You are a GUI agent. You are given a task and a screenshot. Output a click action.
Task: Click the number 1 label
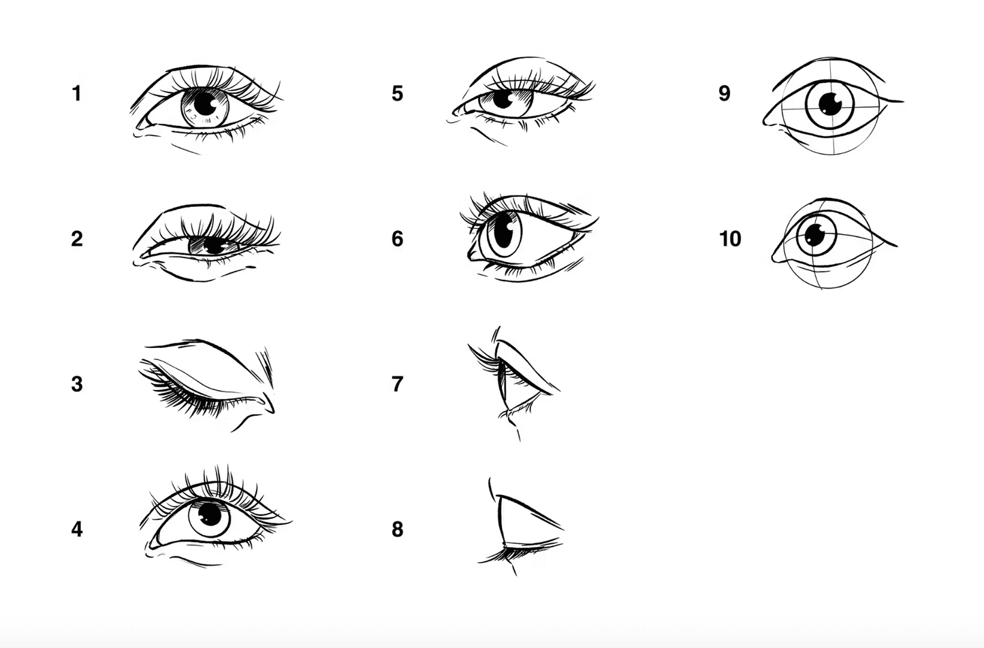pos(77,93)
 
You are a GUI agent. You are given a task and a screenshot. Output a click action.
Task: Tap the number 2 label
pos(77,239)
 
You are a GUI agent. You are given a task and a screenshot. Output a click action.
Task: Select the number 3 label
pos(77,384)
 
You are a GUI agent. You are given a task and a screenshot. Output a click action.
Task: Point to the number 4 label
pos(77,530)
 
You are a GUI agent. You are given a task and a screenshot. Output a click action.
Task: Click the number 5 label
pos(397,93)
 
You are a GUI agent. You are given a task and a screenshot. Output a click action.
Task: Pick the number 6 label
pos(397,239)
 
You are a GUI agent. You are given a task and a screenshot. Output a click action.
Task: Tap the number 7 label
pos(397,384)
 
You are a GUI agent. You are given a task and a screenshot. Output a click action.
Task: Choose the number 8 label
pos(397,530)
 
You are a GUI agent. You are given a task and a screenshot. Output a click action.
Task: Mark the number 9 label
pos(725,93)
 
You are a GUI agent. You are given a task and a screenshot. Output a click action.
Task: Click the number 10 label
pos(730,239)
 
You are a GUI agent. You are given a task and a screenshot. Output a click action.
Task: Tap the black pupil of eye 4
pos(210,514)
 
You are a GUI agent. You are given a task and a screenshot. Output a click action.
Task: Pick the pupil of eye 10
pos(815,236)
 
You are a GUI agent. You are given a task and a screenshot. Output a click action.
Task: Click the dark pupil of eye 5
pos(503,99)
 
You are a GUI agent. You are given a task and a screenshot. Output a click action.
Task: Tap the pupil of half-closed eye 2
pos(214,246)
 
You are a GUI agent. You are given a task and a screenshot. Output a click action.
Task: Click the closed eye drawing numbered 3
pos(206,384)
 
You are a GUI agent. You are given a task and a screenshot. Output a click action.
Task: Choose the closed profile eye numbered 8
pos(520,527)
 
